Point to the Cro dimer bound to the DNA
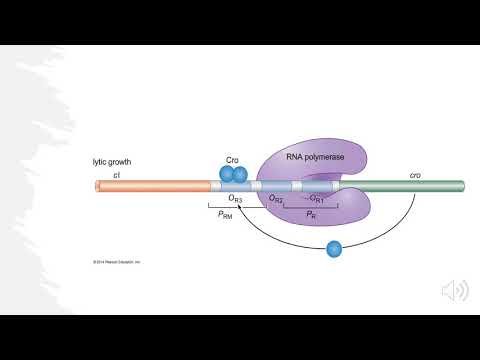pos(232,175)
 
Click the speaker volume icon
pos(454,290)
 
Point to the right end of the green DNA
pos(462,186)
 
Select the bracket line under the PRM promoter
pos(226,209)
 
